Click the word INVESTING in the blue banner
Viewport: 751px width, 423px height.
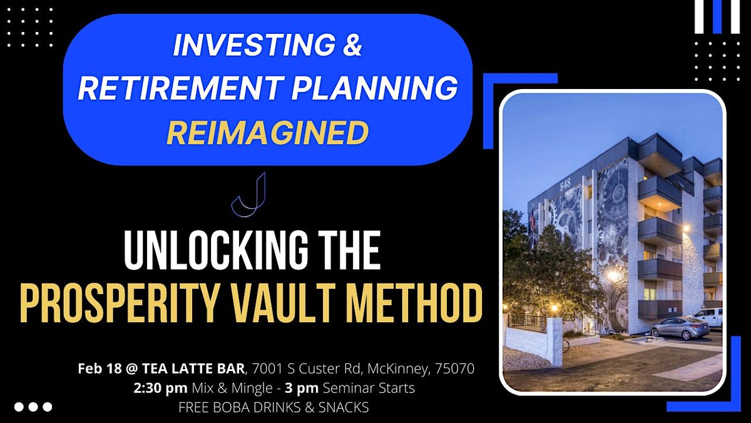click(254, 45)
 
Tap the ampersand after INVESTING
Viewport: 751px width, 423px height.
click(352, 45)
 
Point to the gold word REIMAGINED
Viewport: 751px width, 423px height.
click(268, 132)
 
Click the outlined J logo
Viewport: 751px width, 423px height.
click(249, 195)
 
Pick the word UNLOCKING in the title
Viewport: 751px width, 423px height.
click(216, 251)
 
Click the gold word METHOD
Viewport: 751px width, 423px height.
click(414, 303)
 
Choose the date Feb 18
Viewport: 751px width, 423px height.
click(100, 368)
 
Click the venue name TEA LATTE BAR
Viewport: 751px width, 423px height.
click(193, 368)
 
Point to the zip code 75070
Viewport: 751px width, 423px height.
click(454, 368)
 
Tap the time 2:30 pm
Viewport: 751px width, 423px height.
click(160, 388)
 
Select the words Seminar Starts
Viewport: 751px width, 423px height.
click(369, 388)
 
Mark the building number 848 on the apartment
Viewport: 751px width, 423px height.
click(565, 185)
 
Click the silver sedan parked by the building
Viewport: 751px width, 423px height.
click(679, 327)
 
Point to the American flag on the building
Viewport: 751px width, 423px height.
click(532, 220)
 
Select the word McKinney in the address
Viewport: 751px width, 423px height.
click(398, 368)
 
